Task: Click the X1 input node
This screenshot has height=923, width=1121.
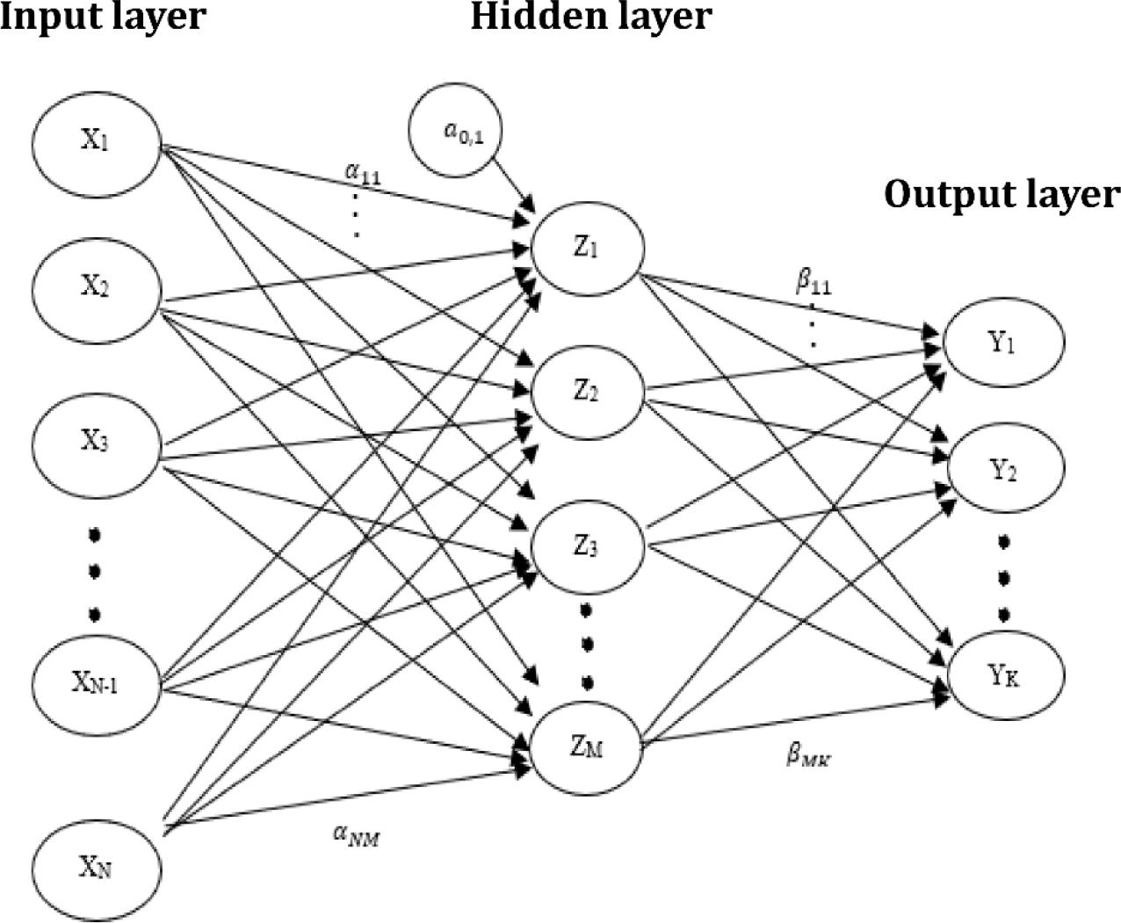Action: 96,144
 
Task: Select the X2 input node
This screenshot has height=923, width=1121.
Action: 96,291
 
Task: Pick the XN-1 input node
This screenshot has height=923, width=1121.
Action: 96,685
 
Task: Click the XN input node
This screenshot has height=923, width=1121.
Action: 96,869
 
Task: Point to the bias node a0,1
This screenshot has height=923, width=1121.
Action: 455,130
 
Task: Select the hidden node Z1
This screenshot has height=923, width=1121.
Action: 588,248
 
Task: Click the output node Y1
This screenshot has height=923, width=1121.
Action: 1003,342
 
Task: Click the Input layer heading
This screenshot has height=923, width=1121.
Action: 103,17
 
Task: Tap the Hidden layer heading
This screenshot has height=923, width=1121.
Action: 591,17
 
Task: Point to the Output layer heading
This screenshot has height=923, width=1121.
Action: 1002,194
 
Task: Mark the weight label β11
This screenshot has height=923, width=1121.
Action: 813,284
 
